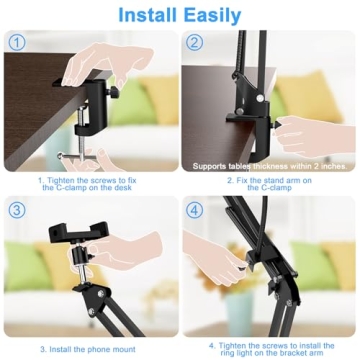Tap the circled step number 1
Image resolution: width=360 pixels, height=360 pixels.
click(15, 41)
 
